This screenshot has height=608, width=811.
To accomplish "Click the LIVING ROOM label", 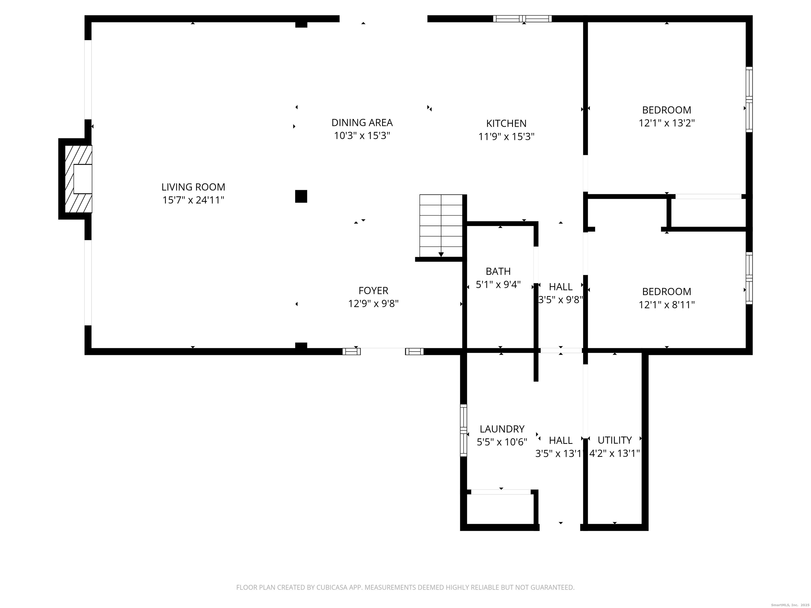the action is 193,187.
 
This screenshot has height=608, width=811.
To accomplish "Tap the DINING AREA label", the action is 362,122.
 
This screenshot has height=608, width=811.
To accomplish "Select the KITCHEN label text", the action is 506,123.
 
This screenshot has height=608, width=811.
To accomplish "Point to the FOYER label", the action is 373,291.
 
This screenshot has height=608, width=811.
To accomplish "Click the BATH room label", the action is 498,271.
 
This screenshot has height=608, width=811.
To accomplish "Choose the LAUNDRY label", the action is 502,429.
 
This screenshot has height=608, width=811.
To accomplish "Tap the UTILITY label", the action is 615,440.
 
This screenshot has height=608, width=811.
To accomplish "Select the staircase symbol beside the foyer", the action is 441,226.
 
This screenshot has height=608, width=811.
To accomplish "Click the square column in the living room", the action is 301,196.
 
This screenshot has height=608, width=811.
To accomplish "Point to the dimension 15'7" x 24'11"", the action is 193,200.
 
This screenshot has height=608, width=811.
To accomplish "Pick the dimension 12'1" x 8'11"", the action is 667,305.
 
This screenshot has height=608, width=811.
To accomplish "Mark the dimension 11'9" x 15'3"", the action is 506,137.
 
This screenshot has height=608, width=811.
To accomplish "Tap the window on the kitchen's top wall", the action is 522,19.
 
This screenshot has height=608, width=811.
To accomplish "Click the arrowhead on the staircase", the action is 441,254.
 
